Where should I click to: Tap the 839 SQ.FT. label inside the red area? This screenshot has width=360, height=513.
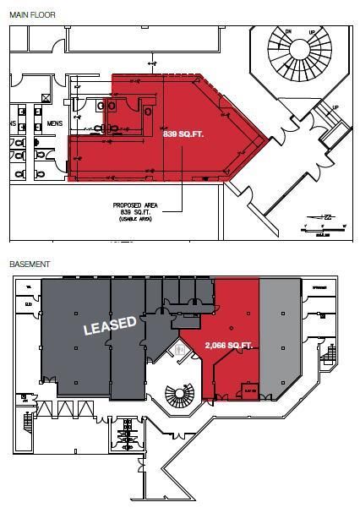pos(183,134)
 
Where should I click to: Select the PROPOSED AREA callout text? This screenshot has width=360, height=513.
pos(134,205)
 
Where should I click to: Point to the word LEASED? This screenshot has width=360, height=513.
pos(109,325)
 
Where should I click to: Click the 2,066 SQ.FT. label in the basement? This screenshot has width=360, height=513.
pos(229,346)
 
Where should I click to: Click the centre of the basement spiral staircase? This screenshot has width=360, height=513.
pos(177,394)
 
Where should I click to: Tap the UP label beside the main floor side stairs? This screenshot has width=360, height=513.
pos(335,108)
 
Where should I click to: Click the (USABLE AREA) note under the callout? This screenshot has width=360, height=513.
pos(134,220)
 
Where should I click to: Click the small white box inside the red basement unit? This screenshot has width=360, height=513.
pos(248,390)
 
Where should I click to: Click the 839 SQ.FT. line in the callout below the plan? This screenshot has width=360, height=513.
pos(134,213)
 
